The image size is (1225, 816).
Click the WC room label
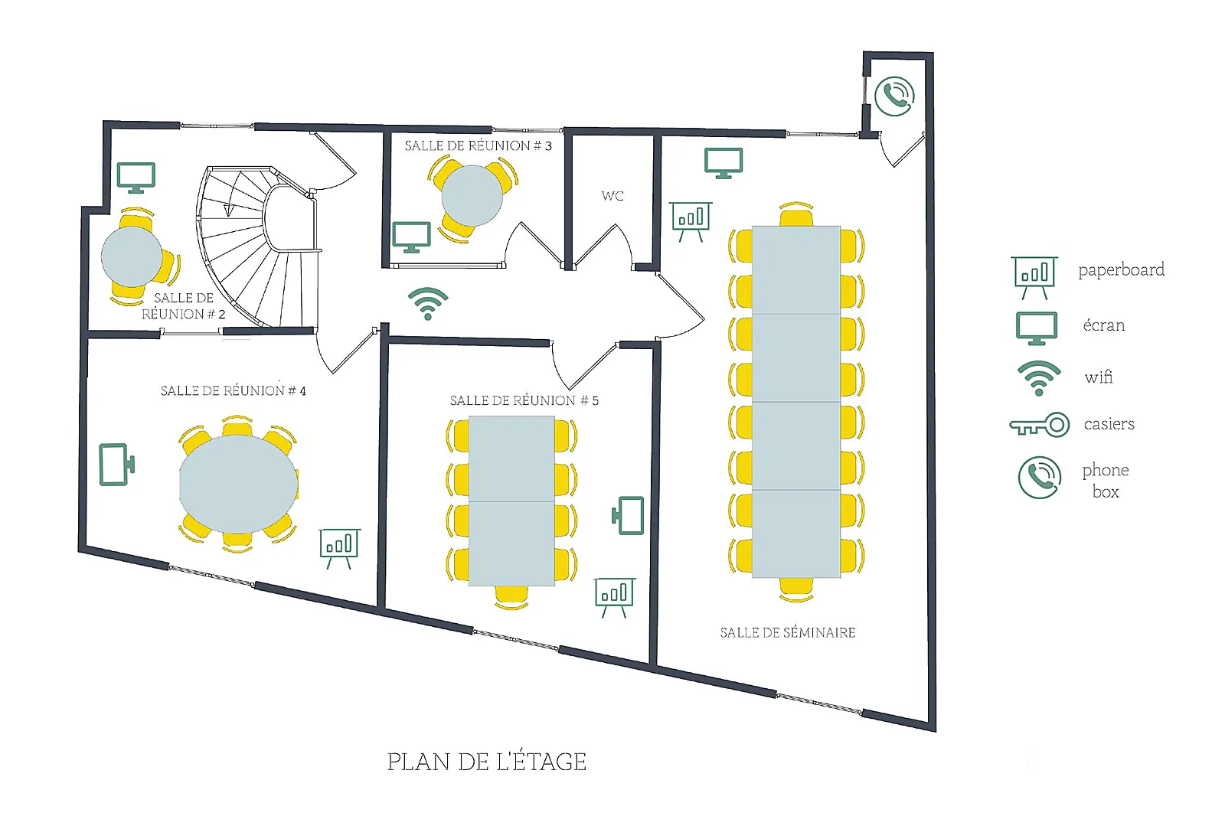[612, 196]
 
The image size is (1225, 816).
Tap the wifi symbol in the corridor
[427, 304]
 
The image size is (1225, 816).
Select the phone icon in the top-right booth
[894, 96]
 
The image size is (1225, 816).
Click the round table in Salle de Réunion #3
[472, 196]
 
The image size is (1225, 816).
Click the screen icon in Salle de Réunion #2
[136, 178]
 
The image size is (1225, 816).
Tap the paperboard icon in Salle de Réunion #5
[614, 596]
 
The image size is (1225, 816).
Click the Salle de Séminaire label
[787, 632]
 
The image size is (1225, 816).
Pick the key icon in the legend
[1039, 425]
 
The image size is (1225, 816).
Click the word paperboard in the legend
[1121, 269]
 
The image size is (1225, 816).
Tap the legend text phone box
[1106, 480]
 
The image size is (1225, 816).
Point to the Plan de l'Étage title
[486, 762]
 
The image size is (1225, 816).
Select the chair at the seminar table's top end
[796, 215]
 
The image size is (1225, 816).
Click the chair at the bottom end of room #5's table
[511, 596]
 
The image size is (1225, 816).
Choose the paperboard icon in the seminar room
[691, 221]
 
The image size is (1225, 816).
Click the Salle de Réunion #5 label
[524, 400]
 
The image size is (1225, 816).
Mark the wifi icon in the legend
[1038, 377]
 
